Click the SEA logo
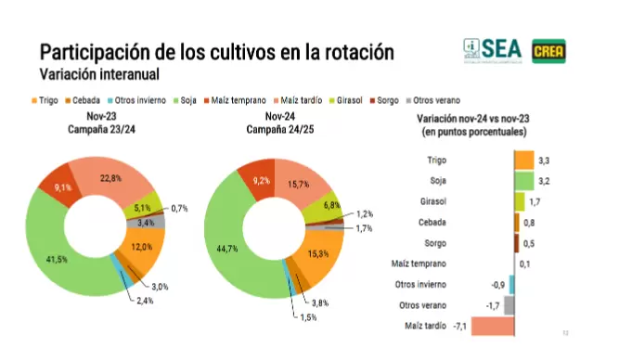494,49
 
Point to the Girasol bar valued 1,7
519,201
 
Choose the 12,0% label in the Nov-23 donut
141,246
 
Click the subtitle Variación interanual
98,72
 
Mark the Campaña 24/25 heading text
278,130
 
